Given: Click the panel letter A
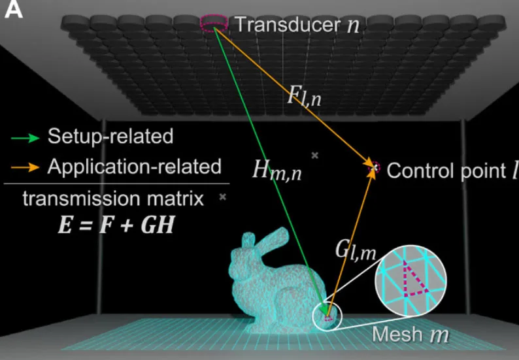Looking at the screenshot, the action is coord(13,9).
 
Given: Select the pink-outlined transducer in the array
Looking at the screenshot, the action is coord(214,23).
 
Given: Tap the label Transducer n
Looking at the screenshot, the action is coord(297,24).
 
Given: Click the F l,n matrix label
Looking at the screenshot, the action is coord(304,96).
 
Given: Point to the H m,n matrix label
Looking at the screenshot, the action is coord(277,170).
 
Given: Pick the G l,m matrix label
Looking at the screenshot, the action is coord(356,250).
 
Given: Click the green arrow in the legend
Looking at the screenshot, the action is coord(25,138).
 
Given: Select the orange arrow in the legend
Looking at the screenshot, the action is coord(25,167).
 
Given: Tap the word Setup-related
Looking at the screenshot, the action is coord(110,136).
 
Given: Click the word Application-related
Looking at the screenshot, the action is coord(135,167).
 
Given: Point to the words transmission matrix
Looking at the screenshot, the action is coord(113,199).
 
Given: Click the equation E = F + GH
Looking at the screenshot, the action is coord(116,225).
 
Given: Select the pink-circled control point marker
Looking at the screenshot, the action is coord(375,168).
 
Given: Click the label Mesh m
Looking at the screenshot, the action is coord(410,334).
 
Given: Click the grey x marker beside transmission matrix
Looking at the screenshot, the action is coord(223,197).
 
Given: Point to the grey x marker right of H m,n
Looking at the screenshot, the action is coord(315,155).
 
